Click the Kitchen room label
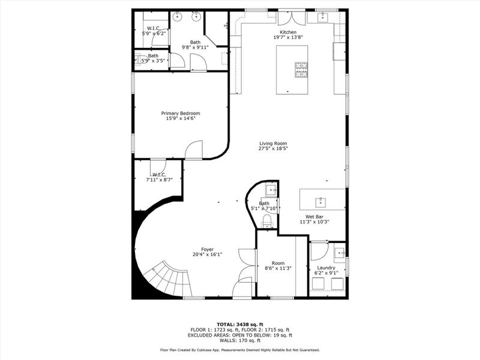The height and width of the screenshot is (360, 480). (287, 32)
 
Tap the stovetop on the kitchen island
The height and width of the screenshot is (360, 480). (301, 70)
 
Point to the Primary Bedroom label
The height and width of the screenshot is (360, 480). (180, 113)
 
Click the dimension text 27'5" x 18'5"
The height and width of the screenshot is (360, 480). (273, 148)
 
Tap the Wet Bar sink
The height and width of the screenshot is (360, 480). (321, 200)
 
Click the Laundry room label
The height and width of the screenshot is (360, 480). (326, 268)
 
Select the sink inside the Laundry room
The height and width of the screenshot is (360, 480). (339, 251)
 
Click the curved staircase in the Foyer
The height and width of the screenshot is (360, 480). (163, 280)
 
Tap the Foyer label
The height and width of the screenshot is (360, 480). (207, 249)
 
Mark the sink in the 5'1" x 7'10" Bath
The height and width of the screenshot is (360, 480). (271, 191)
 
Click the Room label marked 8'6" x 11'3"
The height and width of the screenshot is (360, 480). (278, 263)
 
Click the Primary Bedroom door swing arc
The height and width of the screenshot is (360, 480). (193, 150)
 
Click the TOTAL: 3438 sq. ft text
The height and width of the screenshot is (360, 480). (239, 324)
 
